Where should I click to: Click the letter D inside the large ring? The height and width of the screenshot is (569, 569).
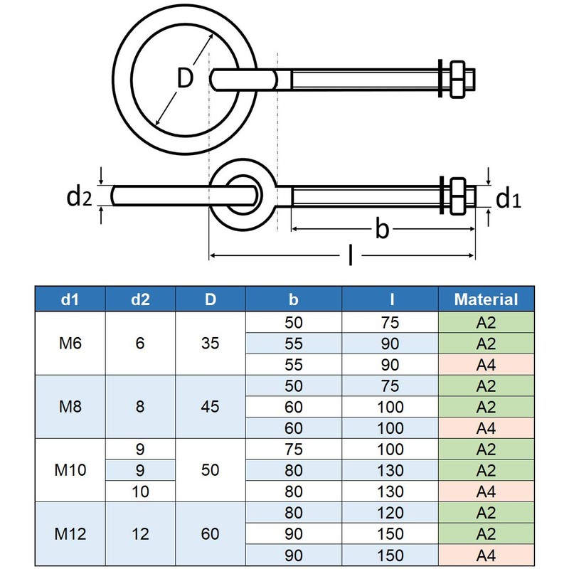click(x=185, y=79)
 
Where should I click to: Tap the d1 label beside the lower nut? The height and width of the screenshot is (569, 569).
click(x=508, y=198)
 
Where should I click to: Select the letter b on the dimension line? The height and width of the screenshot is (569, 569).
click(x=383, y=229)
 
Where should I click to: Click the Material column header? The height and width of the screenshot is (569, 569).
click(x=486, y=299)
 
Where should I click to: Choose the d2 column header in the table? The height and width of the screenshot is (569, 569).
click(x=140, y=299)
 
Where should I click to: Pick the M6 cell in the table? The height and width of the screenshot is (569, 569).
click(x=71, y=344)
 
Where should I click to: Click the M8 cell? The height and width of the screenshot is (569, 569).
click(x=71, y=407)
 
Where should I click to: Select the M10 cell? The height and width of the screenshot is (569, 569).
click(x=71, y=470)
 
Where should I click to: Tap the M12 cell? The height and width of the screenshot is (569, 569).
click(x=71, y=533)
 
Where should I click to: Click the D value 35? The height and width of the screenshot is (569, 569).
click(x=211, y=344)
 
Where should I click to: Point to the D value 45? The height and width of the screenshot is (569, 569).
click(x=211, y=407)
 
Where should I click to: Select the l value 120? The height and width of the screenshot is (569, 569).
click(x=390, y=512)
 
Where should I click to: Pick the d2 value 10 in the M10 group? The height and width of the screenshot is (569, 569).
click(x=140, y=491)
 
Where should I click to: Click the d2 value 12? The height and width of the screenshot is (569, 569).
click(x=140, y=533)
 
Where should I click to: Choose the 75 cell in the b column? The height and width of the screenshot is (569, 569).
click(x=293, y=449)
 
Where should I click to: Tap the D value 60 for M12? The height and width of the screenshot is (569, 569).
click(x=211, y=533)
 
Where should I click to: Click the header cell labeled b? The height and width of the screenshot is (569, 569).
click(x=293, y=299)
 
